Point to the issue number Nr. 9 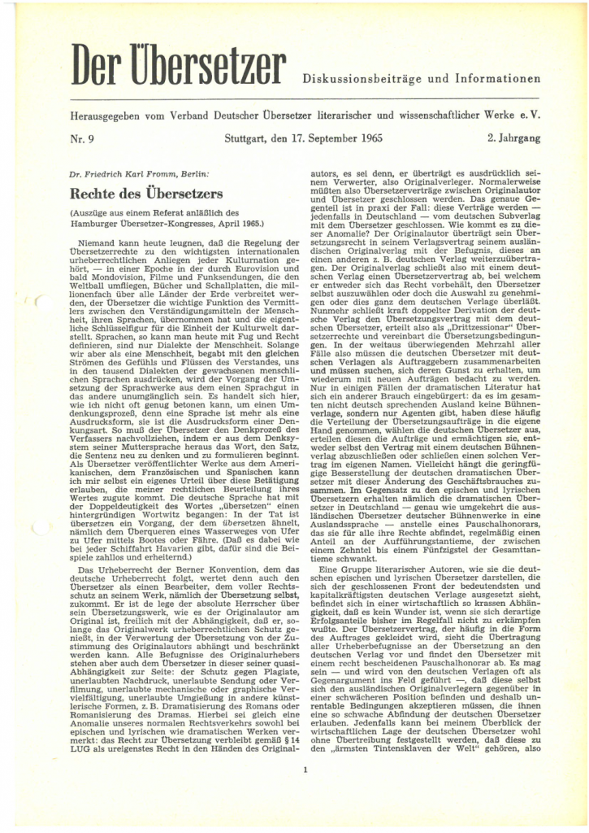[x=82, y=138]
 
